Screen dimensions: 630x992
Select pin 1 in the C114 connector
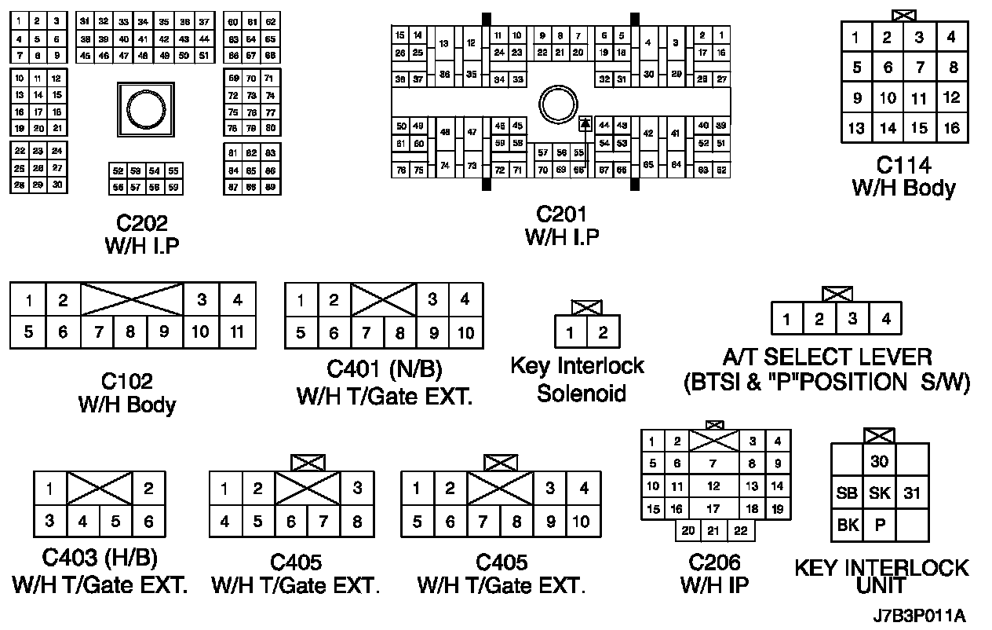856,37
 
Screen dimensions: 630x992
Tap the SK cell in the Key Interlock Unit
880,493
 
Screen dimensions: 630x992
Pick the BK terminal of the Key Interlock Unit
848,526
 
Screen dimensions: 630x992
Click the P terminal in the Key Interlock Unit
880,526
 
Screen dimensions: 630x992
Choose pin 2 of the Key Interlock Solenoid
603,332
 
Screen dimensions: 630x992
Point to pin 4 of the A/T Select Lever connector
885,319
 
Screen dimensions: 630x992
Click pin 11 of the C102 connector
237,331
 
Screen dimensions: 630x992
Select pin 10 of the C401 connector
466,332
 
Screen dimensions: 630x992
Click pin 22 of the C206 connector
739,531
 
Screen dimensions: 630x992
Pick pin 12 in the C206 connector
713,486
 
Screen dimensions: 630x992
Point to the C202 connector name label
141,224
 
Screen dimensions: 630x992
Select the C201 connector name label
561,214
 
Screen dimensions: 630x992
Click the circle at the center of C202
144,111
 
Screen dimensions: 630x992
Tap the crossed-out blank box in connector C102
132,299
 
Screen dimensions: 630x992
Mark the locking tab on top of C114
904,15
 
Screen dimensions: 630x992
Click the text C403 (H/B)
100,559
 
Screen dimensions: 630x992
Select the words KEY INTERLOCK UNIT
881,577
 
